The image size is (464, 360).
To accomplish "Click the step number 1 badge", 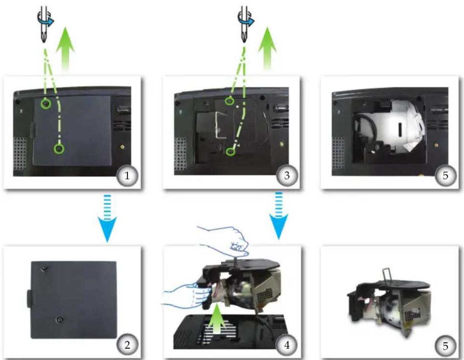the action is [127, 176].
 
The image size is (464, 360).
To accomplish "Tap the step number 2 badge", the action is [127, 345].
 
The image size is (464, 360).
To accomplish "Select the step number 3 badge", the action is [287, 176].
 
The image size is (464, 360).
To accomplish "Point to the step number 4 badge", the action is [287, 345].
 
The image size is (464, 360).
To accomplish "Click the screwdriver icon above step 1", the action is [45, 24].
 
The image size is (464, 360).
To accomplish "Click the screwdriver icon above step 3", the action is [245, 24].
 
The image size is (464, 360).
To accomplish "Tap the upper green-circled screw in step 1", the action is [46, 104].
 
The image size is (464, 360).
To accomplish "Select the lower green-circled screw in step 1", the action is [59, 148].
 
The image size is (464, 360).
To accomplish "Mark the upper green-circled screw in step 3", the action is [230, 100].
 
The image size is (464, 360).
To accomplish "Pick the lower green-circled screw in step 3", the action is [230, 152].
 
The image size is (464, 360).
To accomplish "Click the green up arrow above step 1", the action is [65, 48].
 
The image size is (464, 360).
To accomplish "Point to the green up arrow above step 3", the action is [267, 48].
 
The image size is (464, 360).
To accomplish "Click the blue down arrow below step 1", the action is [107, 219].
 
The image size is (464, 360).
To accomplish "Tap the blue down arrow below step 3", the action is [279, 215].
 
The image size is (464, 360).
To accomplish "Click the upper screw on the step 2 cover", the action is [45, 268].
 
